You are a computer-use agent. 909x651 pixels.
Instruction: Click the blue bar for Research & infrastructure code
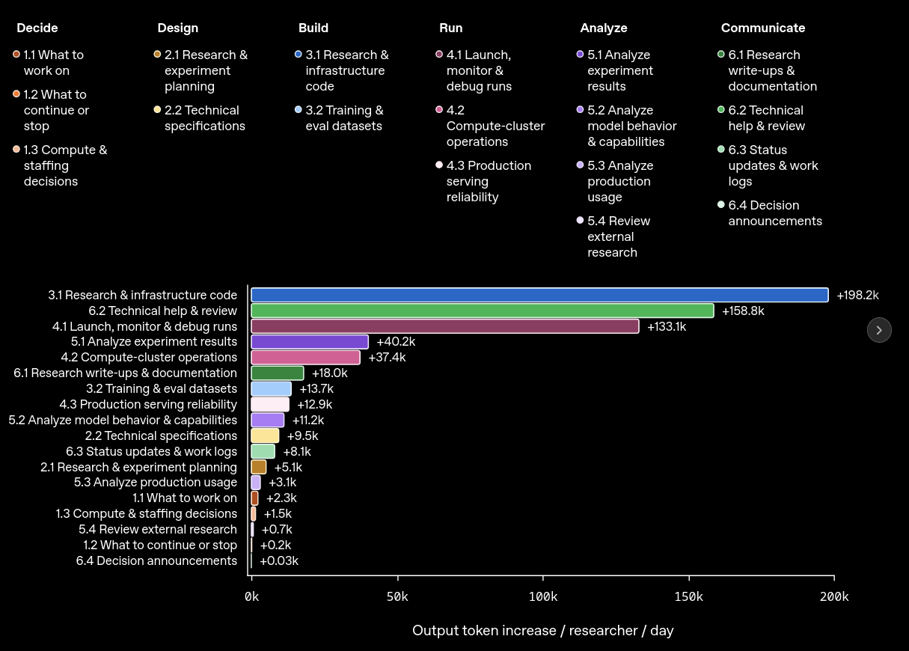pos(539,295)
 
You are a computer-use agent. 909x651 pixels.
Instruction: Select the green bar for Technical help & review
pos(483,311)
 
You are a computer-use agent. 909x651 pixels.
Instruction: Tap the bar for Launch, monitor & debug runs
pos(445,326)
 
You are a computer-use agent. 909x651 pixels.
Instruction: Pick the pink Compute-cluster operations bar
pos(305,358)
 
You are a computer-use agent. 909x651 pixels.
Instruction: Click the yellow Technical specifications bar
pos(265,436)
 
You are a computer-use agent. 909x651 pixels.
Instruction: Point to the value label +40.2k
pos(396,342)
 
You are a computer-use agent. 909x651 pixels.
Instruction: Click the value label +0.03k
pos(279,561)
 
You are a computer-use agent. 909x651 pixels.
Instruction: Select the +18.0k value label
pos(329,373)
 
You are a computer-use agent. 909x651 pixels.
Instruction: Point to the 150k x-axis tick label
pos(688,596)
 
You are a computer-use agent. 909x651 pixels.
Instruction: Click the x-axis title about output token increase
pos(543,631)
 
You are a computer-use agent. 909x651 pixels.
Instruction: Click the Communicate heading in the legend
pos(763,28)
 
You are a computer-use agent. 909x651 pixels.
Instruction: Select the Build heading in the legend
pos(313,28)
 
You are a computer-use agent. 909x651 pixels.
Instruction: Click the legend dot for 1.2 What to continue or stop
pos(16,94)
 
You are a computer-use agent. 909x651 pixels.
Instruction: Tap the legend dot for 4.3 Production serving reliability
pos(439,165)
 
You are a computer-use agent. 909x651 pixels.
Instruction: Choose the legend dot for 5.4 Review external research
pos(580,221)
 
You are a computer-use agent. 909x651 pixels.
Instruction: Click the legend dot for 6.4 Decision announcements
pos(720,204)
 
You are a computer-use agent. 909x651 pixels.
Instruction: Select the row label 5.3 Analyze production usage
pos(156,483)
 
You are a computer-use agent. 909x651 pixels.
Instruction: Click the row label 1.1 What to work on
pos(185,498)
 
